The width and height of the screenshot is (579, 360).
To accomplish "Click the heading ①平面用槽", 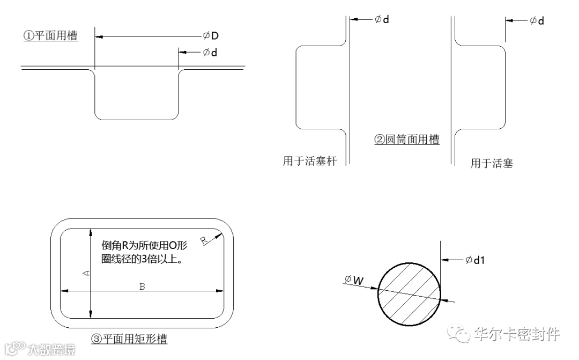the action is coord(50,36).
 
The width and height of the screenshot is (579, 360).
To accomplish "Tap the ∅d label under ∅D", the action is coord(210,53).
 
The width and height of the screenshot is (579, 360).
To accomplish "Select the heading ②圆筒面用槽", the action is coord(406,139).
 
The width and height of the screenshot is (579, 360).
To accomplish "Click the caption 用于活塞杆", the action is coord(309,160).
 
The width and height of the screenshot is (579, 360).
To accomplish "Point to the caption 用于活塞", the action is coord(492,163).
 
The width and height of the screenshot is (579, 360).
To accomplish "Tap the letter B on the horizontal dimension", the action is coord(142,286).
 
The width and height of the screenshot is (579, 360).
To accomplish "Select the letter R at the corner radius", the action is coord(204,240).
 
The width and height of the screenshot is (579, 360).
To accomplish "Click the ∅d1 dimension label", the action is coord(475,260).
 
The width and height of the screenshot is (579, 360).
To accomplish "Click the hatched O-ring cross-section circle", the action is coord(410,293).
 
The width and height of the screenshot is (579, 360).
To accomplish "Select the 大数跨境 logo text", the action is coord(51,349).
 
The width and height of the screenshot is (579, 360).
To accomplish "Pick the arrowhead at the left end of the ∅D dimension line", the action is coord(99,36).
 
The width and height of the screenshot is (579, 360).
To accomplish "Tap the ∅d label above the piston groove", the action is coord(537,20).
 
